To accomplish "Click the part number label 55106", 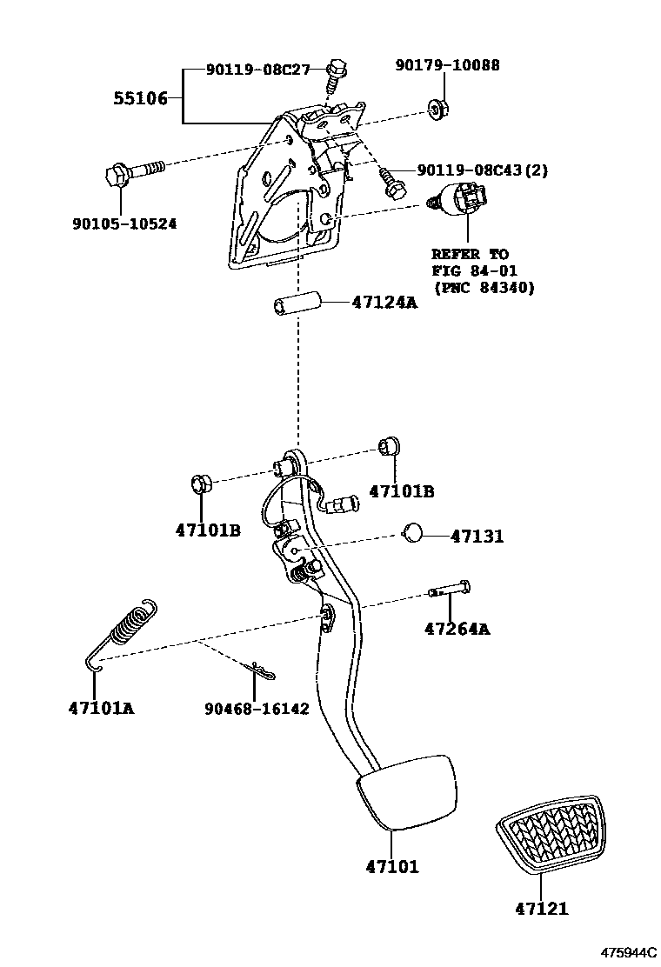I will [140, 98].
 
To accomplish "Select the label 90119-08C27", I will [258, 70].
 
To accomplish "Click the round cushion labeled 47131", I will [413, 532].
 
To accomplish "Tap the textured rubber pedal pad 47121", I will [549, 834].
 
